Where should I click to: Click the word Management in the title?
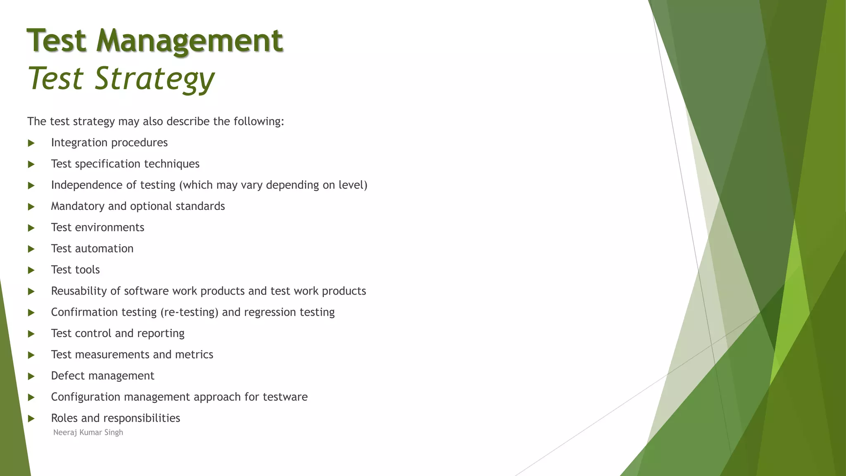(190, 41)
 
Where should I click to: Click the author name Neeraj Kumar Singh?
(88, 433)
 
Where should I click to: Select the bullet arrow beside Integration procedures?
(31, 143)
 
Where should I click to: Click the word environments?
(109, 228)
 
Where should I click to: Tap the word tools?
(87, 270)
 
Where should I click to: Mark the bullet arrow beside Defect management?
(31, 376)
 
